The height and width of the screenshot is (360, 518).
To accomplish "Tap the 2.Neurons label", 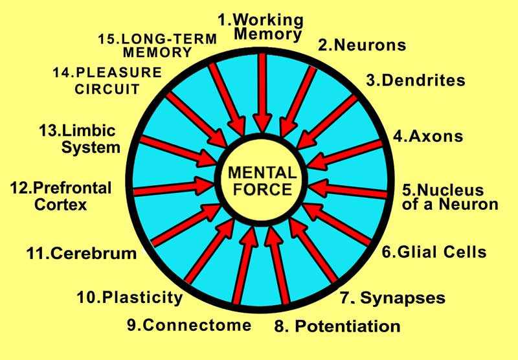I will click(x=361, y=45).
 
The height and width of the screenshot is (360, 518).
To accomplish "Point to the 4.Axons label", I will click(x=428, y=137).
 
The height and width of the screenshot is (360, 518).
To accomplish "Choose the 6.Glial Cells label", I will click(x=433, y=252).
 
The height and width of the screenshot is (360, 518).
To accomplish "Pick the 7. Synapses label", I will click(x=392, y=298).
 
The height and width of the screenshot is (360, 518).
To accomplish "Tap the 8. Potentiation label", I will click(x=337, y=325).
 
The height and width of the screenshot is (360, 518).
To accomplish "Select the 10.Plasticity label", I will click(x=129, y=298).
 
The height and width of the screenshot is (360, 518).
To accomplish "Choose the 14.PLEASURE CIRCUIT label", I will click(x=106, y=81).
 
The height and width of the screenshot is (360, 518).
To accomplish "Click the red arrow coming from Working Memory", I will click(x=262, y=91).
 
